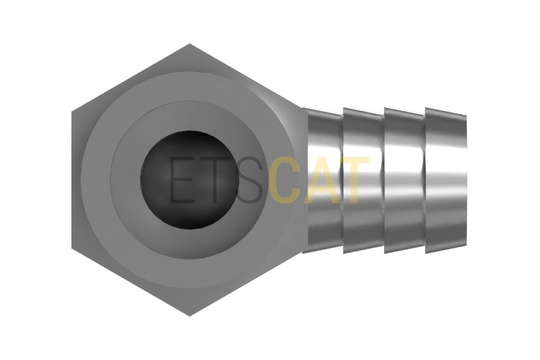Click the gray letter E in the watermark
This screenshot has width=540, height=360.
[183, 179]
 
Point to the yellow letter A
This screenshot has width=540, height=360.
[320, 179]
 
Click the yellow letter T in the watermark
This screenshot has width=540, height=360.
[352, 179]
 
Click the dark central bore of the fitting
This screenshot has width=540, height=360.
[189, 180]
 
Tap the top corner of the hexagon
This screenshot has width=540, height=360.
[190, 44]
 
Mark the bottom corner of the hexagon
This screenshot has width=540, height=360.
[190, 316]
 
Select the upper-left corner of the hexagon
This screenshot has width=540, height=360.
[72, 112]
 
